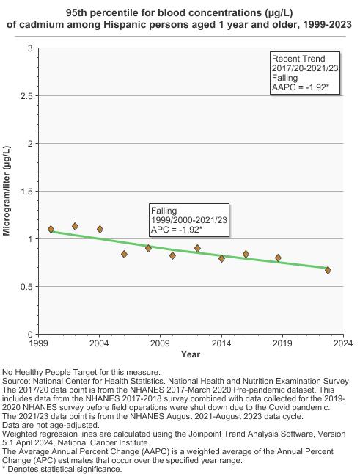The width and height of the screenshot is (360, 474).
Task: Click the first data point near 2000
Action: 51,230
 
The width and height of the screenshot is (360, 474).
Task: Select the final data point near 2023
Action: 328,270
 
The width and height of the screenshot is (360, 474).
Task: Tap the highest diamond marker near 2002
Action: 76,227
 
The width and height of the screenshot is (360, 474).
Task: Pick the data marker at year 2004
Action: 100,230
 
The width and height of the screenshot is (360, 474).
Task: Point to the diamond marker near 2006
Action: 124,254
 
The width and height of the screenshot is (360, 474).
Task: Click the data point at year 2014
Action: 221,258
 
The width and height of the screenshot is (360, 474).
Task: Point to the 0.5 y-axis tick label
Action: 26,287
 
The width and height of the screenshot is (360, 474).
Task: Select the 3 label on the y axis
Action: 31,48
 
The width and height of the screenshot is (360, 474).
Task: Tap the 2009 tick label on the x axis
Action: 160,343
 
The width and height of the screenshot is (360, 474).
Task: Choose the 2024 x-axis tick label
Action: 343,343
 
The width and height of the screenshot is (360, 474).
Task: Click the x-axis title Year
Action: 191,354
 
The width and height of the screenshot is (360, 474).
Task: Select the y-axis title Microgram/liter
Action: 7,191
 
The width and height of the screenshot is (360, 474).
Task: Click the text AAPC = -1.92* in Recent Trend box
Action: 300,87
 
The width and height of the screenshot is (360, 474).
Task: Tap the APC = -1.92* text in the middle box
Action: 177,230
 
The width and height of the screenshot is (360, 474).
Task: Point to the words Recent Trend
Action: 298,59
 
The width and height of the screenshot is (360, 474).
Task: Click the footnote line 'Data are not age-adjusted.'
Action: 51,425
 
